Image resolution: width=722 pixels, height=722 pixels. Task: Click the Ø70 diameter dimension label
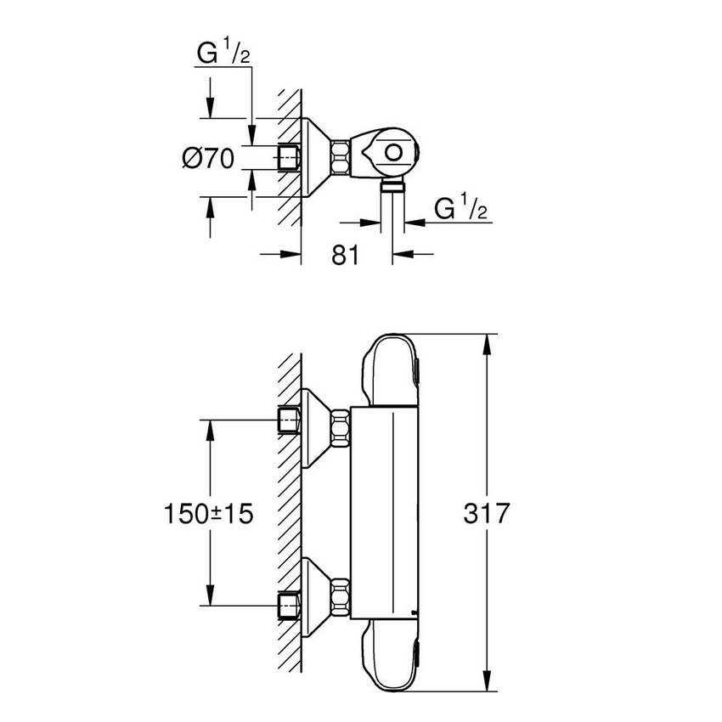pos(207,159)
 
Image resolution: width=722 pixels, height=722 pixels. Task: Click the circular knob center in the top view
pos(393,154)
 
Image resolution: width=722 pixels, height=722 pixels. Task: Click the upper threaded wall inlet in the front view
pos(290,420)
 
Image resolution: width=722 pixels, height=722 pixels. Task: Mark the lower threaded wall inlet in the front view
pos(290,604)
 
